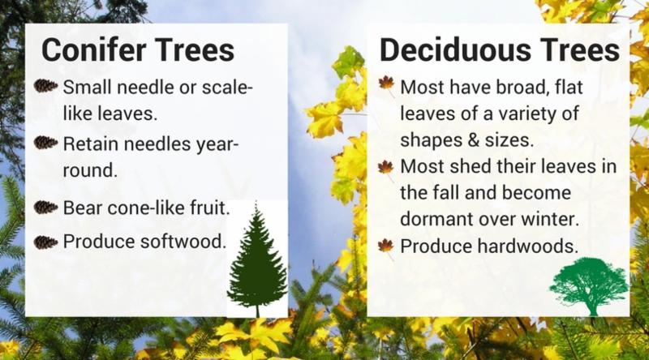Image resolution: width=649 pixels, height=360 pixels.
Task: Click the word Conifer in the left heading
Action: tap(94, 49)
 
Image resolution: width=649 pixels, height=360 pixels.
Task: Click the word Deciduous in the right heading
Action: tap(455, 49)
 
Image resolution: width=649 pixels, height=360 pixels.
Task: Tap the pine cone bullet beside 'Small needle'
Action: tap(45, 86)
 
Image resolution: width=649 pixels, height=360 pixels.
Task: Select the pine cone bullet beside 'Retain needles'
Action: tap(45, 143)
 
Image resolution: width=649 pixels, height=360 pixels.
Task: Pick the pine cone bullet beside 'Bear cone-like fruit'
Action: tap(45, 207)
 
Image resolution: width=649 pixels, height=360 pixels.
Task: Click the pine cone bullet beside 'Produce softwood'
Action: tap(45, 242)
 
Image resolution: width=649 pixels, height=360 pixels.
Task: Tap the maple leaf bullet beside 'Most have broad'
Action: tap(387, 85)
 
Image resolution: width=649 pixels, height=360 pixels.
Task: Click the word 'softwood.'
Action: tap(183, 242)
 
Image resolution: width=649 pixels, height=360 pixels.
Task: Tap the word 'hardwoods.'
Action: tap(528, 246)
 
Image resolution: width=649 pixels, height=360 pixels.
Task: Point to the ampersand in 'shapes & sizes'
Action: tap(475, 139)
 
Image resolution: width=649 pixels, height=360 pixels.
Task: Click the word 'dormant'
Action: tap(436, 219)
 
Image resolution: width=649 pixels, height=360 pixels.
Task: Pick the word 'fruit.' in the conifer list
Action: tap(210, 208)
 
